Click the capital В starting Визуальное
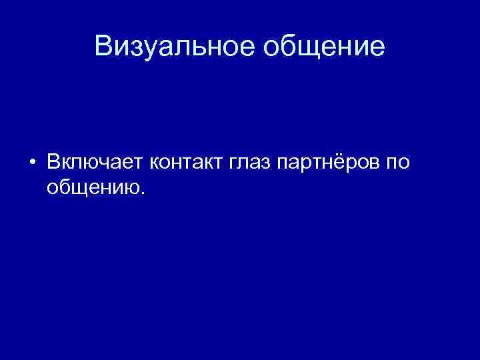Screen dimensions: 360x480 pyautogui.click(x=104, y=46)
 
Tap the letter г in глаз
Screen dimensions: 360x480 pyautogui.click(x=235, y=163)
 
